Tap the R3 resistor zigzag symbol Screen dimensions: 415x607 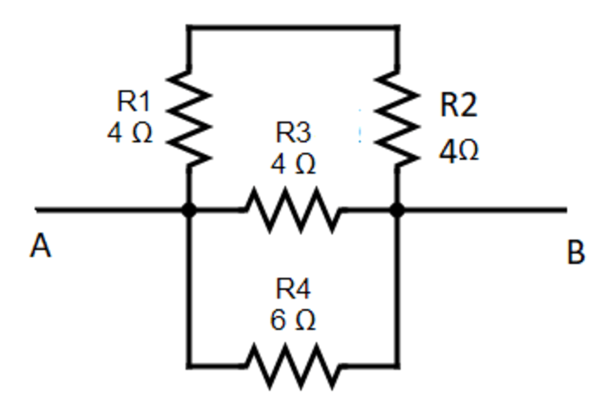tap(292, 209)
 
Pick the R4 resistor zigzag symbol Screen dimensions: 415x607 tap(292, 365)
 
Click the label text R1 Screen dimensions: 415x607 tap(134, 102)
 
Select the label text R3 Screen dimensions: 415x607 tap(293, 133)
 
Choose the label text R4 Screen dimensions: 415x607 tap(292, 290)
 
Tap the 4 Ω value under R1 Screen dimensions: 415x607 tap(130, 135)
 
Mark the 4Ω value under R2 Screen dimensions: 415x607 tap(458, 153)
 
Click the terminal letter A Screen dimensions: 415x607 tap(40, 248)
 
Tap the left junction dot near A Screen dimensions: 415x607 tap(188, 209)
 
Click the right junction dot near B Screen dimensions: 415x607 tap(398, 209)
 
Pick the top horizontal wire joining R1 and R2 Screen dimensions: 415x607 tap(293, 27)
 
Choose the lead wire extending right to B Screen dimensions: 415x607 tap(486, 209)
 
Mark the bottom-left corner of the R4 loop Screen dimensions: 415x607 tap(188, 365)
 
